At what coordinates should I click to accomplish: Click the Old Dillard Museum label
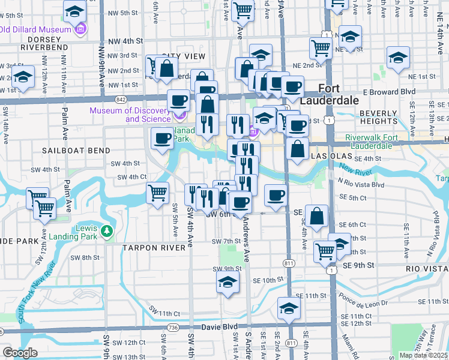37,28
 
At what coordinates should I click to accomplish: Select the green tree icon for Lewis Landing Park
107,231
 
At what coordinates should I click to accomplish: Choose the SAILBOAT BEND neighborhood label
76,150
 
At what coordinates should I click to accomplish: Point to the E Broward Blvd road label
393,92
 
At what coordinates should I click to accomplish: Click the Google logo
20,353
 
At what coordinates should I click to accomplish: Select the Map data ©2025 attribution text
424,355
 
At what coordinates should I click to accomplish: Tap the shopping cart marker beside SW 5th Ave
157,194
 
